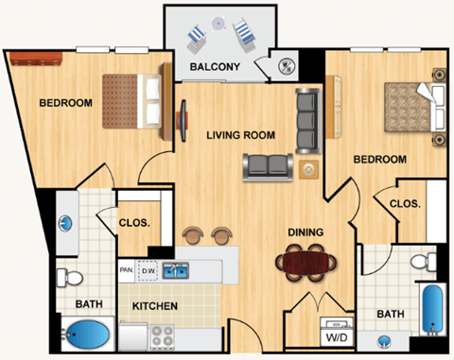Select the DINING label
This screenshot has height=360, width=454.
pyautogui.click(x=306, y=231)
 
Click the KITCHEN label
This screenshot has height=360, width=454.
pyautogui.click(x=155, y=306)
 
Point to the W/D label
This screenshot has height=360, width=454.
pyautogui.click(x=336, y=335)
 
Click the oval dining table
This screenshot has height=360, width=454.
pyautogui.click(x=306, y=260)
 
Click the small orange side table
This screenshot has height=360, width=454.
pyautogui.click(x=308, y=169)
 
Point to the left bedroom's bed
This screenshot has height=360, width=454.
pyautogui.click(x=137, y=93)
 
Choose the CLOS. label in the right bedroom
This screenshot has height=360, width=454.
pyautogui.click(x=405, y=203)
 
